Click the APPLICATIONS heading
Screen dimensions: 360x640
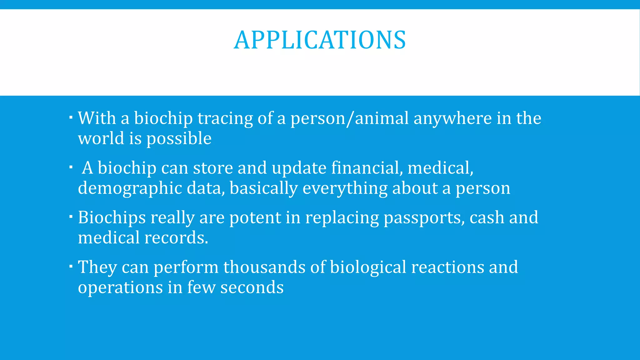320,40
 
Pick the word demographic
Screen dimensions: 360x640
130,189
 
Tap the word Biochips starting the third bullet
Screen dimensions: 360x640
112,218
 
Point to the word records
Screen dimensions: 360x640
176,238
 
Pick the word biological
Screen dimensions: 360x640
368,267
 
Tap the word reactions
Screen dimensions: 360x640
447,267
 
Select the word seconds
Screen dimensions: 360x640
252,287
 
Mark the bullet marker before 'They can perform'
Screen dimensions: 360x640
71,266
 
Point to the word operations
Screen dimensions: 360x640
120,287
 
